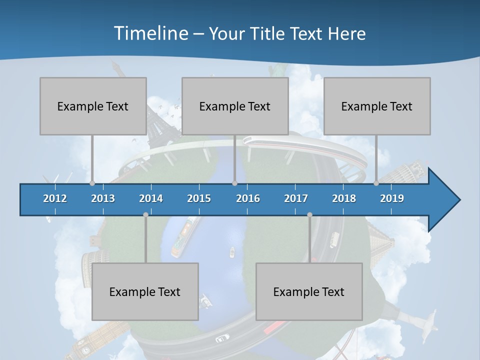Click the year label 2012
[55, 198]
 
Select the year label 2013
[103, 198]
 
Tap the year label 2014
[151, 198]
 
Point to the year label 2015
[199, 198]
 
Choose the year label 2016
[248, 198]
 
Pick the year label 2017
[296, 198]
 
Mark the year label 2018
[344, 198]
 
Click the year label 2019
[392, 198]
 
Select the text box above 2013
[93, 106]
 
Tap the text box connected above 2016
[235, 106]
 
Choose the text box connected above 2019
[377, 106]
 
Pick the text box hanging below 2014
[145, 291]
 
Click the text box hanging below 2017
[309, 291]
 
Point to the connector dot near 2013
[92, 183]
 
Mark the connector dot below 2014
[145, 214]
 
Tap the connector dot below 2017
[309, 214]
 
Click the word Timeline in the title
[150, 33]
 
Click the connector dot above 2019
[376, 183]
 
